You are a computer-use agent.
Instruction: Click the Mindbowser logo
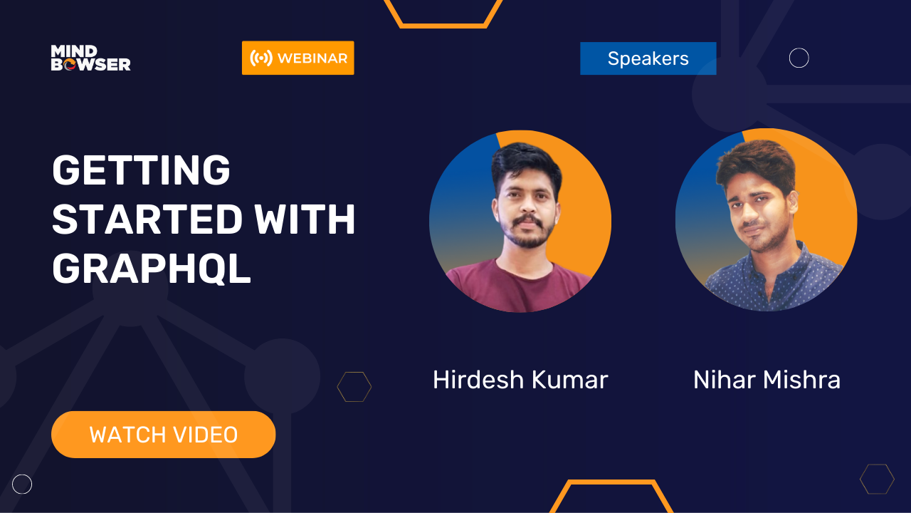click(x=90, y=58)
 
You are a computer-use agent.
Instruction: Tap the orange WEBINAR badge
click(x=297, y=58)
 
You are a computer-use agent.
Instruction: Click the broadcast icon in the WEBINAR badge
click(x=261, y=58)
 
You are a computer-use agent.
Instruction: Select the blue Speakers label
click(x=648, y=58)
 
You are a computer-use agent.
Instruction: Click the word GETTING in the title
click(x=141, y=172)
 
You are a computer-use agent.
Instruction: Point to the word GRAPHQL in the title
click(x=152, y=269)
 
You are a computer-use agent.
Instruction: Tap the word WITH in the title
click(x=305, y=220)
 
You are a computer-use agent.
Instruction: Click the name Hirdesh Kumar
click(x=520, y=380)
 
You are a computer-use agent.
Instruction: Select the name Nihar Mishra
click(x=767, y=380)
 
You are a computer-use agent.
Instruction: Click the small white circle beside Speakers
click(x=799, y=58)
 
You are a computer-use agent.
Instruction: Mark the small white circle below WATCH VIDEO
click(x=22, y=484)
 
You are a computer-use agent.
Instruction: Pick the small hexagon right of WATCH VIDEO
click(x=354, y=387)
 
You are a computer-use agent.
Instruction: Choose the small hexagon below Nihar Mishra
click(x=877, y=479)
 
